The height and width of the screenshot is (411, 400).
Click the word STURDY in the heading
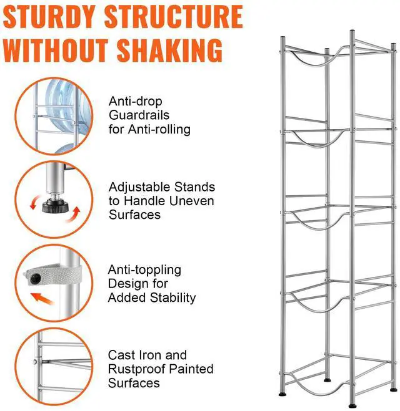[x=49, y=17]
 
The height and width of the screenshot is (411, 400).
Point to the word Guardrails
[x=139, y=115]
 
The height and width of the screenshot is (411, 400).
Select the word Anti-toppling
[x=144, y=270]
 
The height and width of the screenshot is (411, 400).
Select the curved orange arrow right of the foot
[x=76, y=215]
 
